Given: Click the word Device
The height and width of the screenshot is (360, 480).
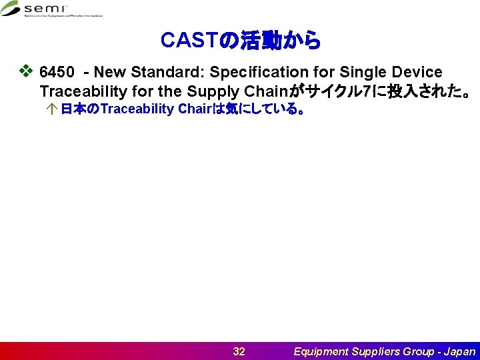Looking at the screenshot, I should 416,72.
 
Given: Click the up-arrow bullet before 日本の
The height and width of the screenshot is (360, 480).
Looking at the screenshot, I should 53,109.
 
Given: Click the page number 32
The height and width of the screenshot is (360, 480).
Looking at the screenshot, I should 239,351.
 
